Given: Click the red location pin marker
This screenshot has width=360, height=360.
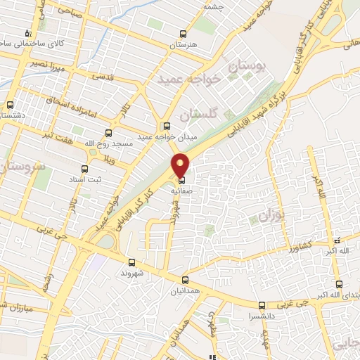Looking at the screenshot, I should click(x=181, y=165).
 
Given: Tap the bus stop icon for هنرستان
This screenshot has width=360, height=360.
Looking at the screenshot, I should click(x=184, y=34).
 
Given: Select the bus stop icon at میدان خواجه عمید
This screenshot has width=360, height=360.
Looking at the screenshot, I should click(x=167, y=126).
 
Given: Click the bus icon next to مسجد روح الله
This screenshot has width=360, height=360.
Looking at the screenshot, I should click(x=108, y=132).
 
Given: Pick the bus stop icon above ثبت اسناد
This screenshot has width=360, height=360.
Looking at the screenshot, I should click(x=85, y=169).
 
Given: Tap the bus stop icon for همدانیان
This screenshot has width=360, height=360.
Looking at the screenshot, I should click(x=185, y=279).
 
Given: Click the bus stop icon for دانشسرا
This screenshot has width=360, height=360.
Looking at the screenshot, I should click(x=262, y=305).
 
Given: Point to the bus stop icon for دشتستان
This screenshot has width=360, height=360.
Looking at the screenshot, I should click(x=10, y=105).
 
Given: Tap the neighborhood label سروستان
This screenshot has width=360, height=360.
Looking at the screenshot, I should click(x=19, y=167).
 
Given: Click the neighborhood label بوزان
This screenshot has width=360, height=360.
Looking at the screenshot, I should click(x=269, y=212).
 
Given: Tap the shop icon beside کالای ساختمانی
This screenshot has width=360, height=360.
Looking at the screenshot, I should click(x=28, y=32).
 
